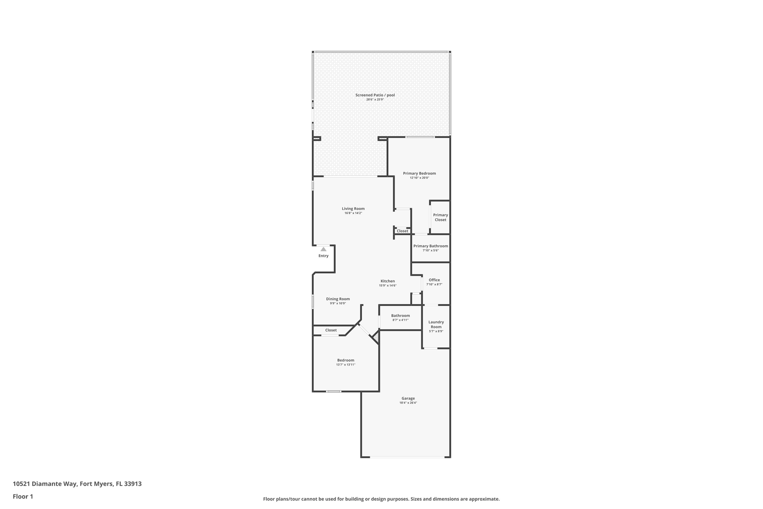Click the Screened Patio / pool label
coord(375,95)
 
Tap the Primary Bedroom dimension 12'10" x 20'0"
coord(420,178)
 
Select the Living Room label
coord(353,209)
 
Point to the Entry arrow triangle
coord(323,249)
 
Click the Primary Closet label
coord(440,217)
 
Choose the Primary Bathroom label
coord(431,246)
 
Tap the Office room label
coord(434,280)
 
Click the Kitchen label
coord(387,281)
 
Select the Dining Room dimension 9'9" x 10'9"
coord(338,304)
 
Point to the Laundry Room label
coord(436,324)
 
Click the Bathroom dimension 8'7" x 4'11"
coord(401,320)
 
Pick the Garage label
coord(408,398)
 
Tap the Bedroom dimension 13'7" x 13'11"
coord(346,365)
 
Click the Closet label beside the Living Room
coord(402,231)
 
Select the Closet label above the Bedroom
coord(331,330)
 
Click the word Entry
coord(323,256)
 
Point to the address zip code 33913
coord(133,484)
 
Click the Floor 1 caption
coord(23,497)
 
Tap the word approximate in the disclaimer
coord(484,499)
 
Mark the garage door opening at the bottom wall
coord(407,457)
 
